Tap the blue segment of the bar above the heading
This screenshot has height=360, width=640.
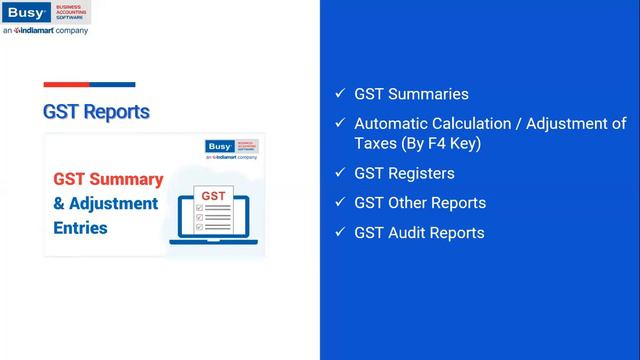[113, 85]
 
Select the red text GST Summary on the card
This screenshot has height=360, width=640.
[108, 180]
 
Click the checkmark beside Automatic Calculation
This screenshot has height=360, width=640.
[340, 124]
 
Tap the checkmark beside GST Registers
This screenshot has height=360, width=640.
[340, 173]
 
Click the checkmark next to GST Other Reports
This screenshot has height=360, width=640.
[340, 203]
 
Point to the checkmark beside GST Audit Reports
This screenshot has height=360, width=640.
[340, 233]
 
